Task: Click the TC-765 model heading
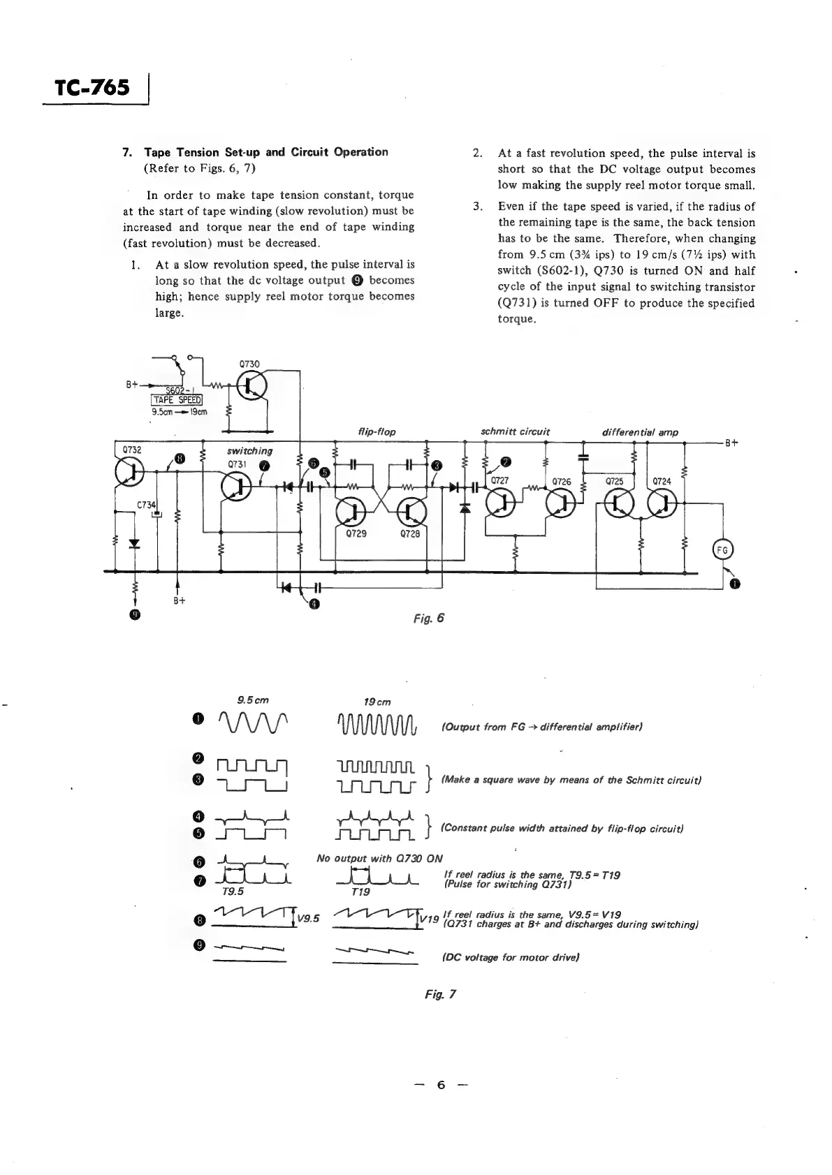point(92,88)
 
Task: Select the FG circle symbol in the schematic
point(722,550)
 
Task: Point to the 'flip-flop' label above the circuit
point(377,432)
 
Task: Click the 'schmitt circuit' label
point(515,432)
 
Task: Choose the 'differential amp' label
point(639,432)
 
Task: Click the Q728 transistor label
point(410,534)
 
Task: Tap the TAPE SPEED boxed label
point(177,399)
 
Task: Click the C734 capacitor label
point(147,504)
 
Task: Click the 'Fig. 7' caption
point(439,994)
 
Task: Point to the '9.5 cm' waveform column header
point(252,700)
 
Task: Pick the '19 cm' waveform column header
point(377,701)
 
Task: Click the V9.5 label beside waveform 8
point(308,918)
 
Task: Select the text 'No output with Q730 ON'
point(379,858)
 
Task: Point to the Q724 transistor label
point(661,481)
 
